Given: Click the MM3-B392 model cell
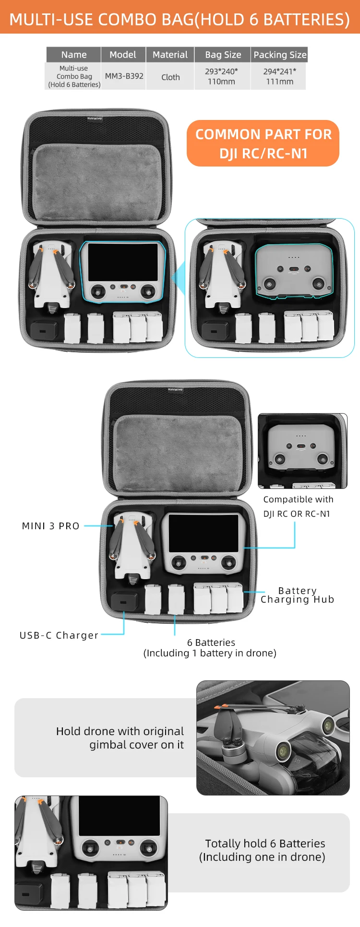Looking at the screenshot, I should pyautogui.click(x=124, y=76).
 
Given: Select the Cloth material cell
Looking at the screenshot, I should pyautogui.click(x=170, y=77).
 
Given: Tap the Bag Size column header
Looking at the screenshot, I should pyautogui.click(x=223, y=55).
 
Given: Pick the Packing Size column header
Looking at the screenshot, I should pyautogui.click(x=279, y=55).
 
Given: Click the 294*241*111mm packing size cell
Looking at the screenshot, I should pyautogui.click(x=279, y=76).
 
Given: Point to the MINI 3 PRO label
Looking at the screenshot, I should pyautogui.click(x=51, y=526).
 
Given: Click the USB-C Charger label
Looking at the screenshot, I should pyautogui.click(x=59, y=635).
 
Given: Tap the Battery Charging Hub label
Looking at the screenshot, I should pyautogui.click(x=297, y=595).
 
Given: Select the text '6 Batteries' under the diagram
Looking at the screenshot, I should pyautogui.click(x=211, y=642).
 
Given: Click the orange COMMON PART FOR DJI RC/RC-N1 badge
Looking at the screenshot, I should pyautogui.click(x=263, y=143).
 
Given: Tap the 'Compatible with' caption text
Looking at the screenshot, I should pyautogui.click(x=298, y=499).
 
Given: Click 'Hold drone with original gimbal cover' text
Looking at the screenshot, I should pyautogui.click(x=120, y=737).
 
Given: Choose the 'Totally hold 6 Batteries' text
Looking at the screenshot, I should pyautogui.click(x=265, y=844).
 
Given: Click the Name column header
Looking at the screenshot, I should pyautogui.click(x=74, y=55).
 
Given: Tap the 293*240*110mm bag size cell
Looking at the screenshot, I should pyautogui.click(x=221, y=76).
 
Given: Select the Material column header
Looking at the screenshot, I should pyautogui.click(x=170, y=55).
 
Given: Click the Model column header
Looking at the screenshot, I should pyautogui.click(x=123, y=55).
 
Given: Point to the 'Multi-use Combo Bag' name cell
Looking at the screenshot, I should pyautogui.click(x=74, y=76).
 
